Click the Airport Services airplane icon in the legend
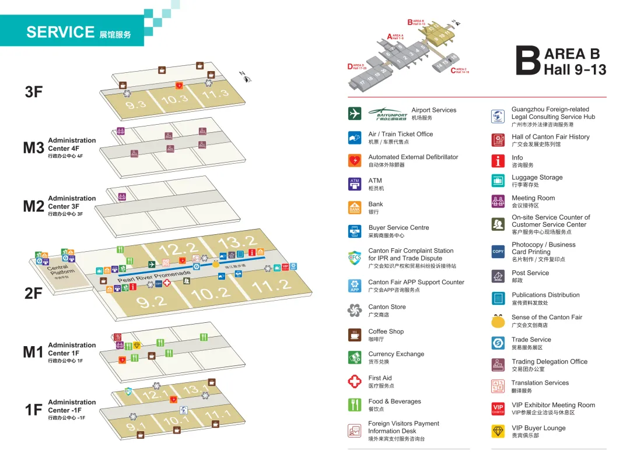click(x=355, y=114)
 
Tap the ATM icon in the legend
click(x=355, y=184)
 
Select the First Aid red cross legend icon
click(x=355, y=382)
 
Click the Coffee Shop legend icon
click(x=355, y=335)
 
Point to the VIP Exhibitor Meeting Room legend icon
click(x=498, y=408)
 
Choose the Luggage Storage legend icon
click(x=498, y=181)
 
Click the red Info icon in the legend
click(x=498, y=161)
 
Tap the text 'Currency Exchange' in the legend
click(x=396, y=354)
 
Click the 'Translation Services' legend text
click(x=540, y=383)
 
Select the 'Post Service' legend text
click(x=530, y=273)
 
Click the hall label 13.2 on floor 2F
click(x=238, y=242)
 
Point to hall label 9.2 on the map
click(x=152, y=301)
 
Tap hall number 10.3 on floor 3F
click(x=174, y=100)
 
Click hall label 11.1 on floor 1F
click(x=219, y=415)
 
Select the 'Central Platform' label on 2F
click(x=62, y=271)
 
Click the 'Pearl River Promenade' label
click(x=154, y=277)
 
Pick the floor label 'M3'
click(x=33, y=148)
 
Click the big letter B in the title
click(x=528, y=62)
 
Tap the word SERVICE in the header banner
click(x=60, y=32)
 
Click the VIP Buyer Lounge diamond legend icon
click(x=498, y=431)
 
